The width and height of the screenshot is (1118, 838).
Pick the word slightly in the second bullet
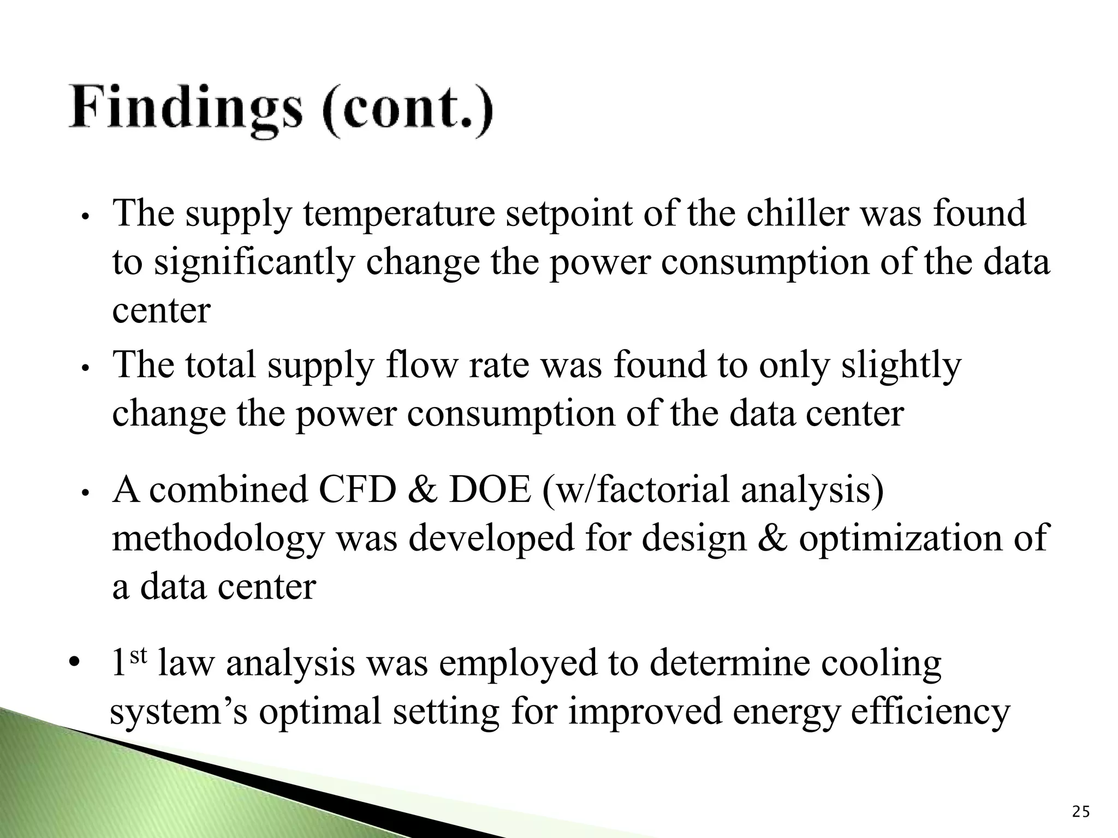pyautogui.click(x=901, y=367)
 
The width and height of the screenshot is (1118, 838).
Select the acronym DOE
pyautogui.click(x=489, y=490)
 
